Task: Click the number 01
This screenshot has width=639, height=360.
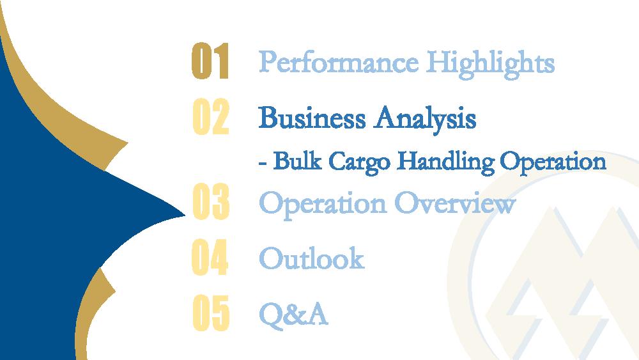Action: tap(210, 61)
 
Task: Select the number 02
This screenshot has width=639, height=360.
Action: tap(211, 116)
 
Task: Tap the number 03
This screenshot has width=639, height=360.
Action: tap(211, 201)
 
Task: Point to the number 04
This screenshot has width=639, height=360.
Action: tap(210, 257)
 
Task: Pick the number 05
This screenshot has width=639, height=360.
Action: tap(211, 313)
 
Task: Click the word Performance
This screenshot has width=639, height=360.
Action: tap(339, 63)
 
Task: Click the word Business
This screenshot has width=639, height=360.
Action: tap(312, 118)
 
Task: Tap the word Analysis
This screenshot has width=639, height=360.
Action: tap(426, 119)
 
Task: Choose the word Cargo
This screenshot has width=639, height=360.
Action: tap(359, 162)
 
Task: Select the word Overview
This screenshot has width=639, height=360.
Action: tap(455, 203)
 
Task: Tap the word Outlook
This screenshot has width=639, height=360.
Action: tap(312, 258)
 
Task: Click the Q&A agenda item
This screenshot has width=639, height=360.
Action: tap(294, 315)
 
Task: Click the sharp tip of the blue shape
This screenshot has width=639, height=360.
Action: tap(185, 215)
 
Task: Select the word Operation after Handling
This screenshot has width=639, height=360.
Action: tap(553, 162)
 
